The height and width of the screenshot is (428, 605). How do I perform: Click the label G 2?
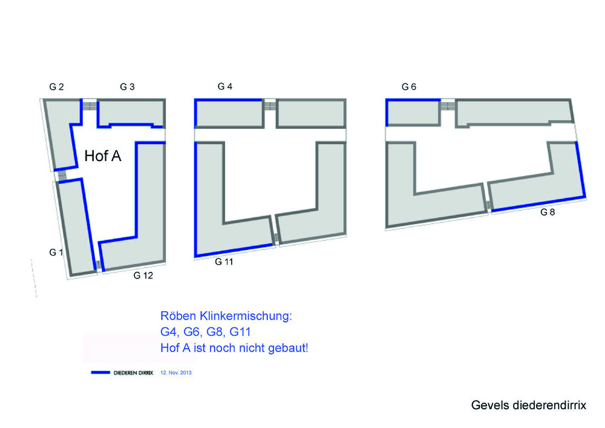[x=56, y=87]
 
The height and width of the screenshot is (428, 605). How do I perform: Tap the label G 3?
[x=127, y=87]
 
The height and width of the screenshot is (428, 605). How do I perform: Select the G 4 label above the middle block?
[x=225, y=87]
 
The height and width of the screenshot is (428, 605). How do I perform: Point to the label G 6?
[x=409, y=87]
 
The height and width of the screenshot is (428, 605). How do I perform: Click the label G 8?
[x=548, y=212]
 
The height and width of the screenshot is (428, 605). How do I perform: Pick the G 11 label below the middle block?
[x=224, y=262]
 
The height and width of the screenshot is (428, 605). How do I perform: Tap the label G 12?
[x=143, y=275]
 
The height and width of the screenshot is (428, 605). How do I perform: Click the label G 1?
[x=56, y=252]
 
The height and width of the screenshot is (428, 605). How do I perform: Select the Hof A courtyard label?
[x=103, y=156]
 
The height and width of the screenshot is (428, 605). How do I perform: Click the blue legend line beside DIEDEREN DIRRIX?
[x=100, y=372]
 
